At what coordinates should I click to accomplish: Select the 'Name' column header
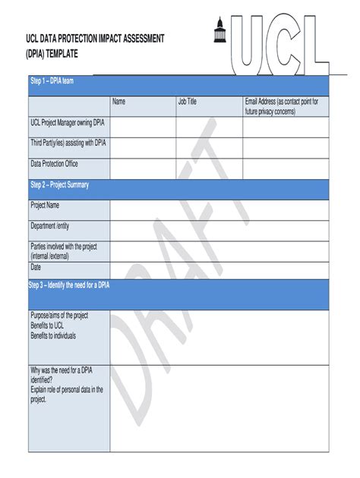click(119, 102)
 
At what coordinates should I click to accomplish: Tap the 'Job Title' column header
click(188, 102)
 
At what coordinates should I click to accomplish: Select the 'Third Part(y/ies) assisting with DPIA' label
click(68, 143)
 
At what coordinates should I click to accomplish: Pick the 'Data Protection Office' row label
click(54, 164)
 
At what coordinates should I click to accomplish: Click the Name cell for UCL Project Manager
click(143, 127)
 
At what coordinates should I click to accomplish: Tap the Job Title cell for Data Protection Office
click(209, 168)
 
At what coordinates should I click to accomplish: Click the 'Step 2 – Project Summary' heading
click(59, 184)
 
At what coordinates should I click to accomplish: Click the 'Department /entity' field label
click(55, 226)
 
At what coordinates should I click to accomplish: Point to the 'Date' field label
click(36, 267)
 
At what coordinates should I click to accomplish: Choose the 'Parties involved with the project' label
click(68, 247)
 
